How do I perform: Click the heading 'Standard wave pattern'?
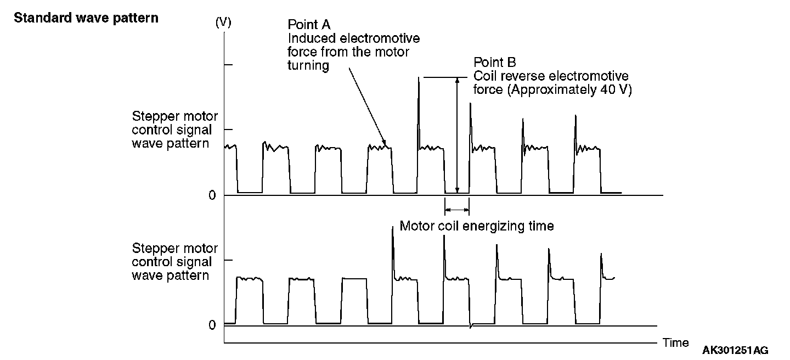86,18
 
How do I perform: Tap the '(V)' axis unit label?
223,22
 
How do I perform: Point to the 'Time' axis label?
675,343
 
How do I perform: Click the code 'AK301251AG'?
735,350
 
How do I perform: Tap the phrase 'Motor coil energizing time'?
476,226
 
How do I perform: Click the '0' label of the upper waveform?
212,196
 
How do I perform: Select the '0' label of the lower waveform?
212,325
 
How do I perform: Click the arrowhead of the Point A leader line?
385,144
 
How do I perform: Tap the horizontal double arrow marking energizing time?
457,209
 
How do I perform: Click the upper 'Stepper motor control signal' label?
174,130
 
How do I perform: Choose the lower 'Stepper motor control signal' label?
174,262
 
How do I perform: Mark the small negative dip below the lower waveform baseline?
471,327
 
